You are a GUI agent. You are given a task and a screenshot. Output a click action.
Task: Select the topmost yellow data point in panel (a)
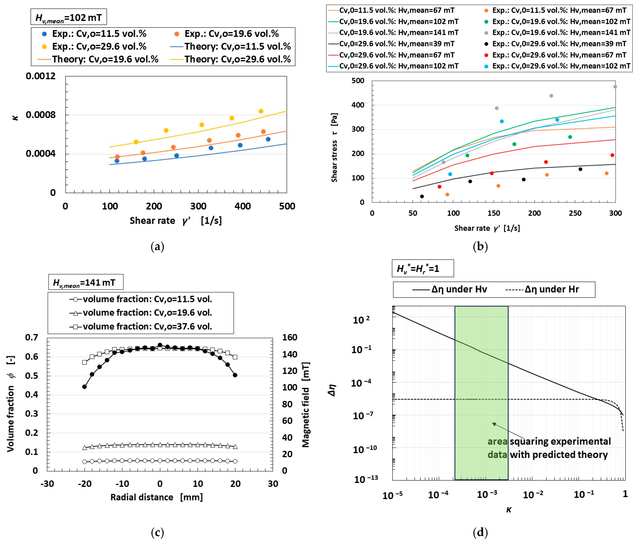click(x=261, y=111)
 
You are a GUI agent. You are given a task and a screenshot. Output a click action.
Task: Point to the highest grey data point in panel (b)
click(x=615, y=87)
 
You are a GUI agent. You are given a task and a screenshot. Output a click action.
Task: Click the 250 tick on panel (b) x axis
click(x=575, y=213)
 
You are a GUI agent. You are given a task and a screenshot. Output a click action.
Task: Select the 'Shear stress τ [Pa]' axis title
click(x=334, y=148)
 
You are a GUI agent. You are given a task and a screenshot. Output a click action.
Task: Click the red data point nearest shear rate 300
click(x=612, y=155)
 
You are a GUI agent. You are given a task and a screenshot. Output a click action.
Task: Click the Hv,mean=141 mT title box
click(x=86, y=282)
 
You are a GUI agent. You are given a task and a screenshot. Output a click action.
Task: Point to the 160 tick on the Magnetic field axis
click(x=290, y=337)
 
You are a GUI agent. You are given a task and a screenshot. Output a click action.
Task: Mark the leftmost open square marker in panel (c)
click(x=84, y=362)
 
